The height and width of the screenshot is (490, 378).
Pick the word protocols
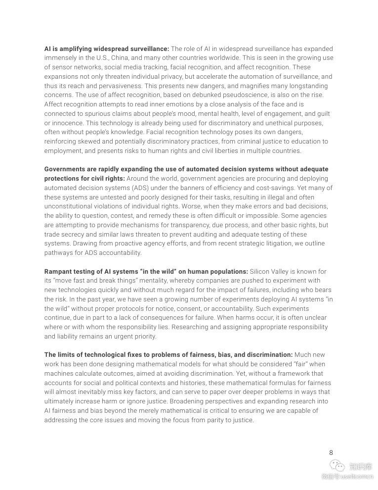coord(130,308)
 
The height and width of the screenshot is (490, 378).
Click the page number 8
coord(331,452)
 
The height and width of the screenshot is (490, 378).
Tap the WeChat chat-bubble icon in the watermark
coord(337,466)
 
